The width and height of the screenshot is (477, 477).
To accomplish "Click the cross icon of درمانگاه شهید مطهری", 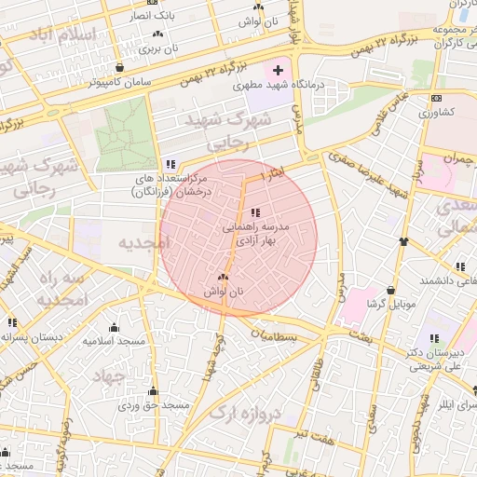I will coord(277,71).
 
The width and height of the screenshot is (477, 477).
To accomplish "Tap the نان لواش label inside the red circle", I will coord(223,292).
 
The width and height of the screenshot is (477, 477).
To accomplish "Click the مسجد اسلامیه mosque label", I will coord(114,340).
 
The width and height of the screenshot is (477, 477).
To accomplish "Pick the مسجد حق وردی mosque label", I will coord(154,406).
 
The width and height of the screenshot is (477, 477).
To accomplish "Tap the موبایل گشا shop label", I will coord(389,304).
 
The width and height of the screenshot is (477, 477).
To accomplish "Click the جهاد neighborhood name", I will coord(110,376).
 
